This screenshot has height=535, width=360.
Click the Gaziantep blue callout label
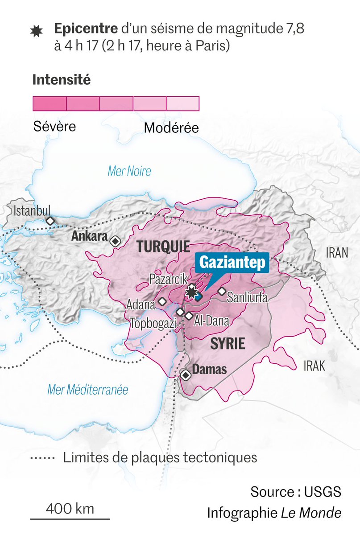[x=232, y=263]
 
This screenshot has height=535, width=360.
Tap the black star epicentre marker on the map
[x=192, y=292]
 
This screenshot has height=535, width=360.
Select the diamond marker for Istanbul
[x=50, y=221]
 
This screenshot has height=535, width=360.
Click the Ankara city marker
[x=116, y=241]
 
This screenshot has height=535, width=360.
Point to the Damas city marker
[x=186, y=375]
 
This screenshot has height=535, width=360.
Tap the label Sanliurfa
[x=247, y=298]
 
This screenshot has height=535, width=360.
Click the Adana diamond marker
[x=162, y=302]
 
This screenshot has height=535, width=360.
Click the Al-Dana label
[x=212, y=321]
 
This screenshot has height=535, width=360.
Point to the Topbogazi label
[x=152, y=322]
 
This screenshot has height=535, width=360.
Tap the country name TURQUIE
[x=163, y=246]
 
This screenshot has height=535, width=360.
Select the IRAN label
[x=336, y=253]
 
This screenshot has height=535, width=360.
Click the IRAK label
[x=314, y=366]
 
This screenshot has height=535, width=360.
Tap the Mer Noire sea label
[x=129, y=171]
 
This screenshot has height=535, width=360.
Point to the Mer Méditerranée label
[x=88, y=390]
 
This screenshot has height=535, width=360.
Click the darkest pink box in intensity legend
[x=50, y=103]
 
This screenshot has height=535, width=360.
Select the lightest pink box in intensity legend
[x=182, y=103]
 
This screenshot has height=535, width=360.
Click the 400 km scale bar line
[x=70, y=519]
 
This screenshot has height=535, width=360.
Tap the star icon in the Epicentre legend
[x=35, y=31]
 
